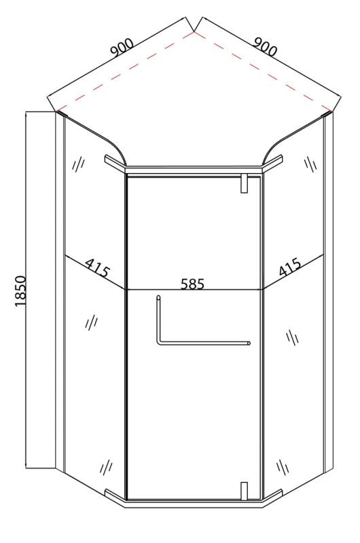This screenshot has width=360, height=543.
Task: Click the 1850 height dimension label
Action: click(x=21, y=291)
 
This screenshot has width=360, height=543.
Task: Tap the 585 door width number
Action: click(x=193, y=284)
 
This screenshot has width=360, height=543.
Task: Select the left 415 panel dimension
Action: click(x=97, y=267)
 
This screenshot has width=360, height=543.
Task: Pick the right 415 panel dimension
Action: click(x=289, y=267)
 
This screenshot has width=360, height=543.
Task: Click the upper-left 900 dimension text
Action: click(x=122, y=48)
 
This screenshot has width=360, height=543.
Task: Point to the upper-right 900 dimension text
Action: click(x=265, y=46)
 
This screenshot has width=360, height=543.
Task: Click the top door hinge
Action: click(x=245, y=183)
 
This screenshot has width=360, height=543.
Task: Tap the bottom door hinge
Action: click(x=245, y=490)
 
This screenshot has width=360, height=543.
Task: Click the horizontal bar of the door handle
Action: click(x=204, y=343)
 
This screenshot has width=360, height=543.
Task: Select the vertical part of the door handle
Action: click(x=158, y=319)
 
